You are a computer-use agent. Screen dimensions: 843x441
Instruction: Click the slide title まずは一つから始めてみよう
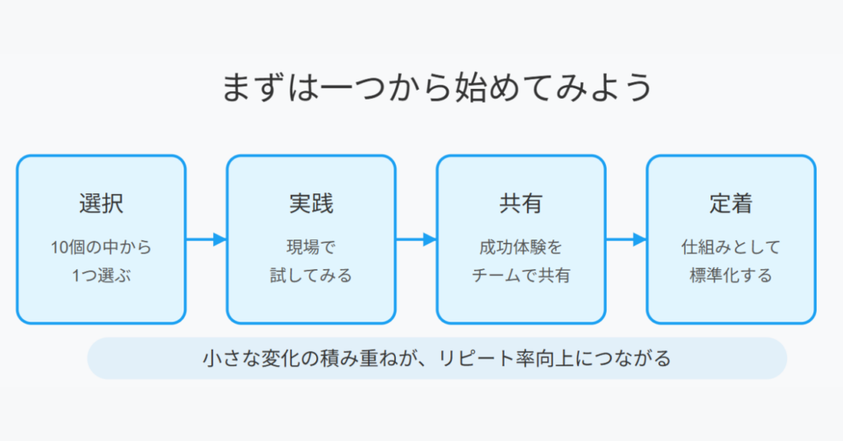(437, 87)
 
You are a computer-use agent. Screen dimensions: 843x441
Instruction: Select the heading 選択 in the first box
(101, 203)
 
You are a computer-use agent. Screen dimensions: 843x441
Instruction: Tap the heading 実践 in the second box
(311, 203)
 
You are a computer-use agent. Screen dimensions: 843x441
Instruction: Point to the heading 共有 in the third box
(521, 203)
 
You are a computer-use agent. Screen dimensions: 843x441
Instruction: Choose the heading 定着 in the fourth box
(731, 203)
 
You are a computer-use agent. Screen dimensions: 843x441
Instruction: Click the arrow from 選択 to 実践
(207, 239)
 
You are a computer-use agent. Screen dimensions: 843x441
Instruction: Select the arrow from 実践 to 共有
(416, 239)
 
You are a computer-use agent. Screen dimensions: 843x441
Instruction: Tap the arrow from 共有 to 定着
(626, 239)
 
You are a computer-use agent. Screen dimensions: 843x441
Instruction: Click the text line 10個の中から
(101, 248)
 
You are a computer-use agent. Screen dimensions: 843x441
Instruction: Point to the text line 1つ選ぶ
(101, 276)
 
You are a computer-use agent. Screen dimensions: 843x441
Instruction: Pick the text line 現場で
(311, 248)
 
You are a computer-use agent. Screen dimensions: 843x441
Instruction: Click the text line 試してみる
(311, 276)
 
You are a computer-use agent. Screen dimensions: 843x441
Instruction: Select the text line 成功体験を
(521, 248)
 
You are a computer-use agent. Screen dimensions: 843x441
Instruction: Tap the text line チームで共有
(521, 276)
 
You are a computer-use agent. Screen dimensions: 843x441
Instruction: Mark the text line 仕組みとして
(731, 248)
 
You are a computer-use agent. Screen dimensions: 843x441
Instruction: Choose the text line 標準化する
(731, 276)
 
